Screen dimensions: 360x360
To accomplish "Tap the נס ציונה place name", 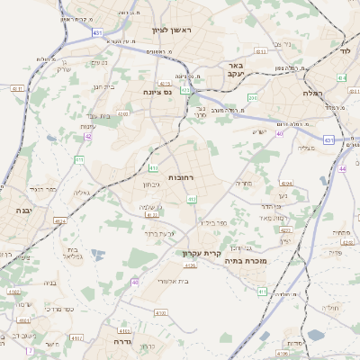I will (158, 92).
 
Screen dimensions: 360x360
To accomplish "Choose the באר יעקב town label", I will (236, 70).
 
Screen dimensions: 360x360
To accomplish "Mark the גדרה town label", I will (123, 342).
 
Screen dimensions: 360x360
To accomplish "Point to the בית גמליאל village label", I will (74, 253).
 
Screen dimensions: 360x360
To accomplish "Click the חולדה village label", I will (330, 307).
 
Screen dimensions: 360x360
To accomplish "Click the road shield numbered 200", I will (253, 97).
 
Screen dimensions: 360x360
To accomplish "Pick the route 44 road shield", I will (342, 168).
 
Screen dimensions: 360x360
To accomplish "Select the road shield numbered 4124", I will (60, 220).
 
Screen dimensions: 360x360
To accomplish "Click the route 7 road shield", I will (30, 349).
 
